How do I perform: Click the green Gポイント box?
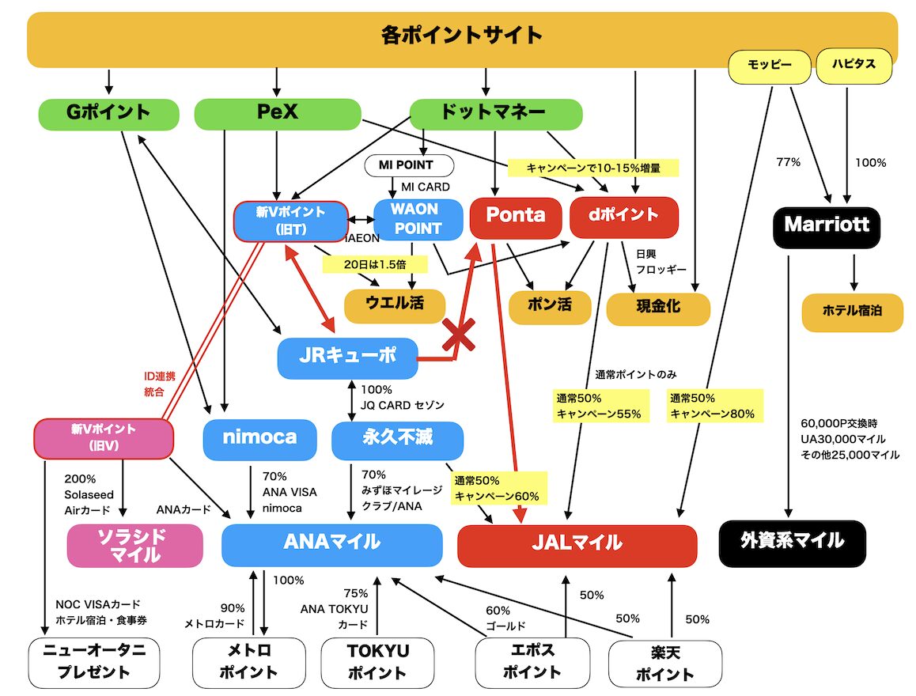point(108,113)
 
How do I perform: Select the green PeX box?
point(278,113)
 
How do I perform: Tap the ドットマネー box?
point(496,113)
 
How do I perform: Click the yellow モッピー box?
point(770,66)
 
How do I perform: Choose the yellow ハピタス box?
point(854,66)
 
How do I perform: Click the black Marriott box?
point(827,226)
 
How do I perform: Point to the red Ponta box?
point(516,217)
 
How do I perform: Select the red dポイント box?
point(624,217)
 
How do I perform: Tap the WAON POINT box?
point(418,219)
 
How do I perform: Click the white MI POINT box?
point(409,165)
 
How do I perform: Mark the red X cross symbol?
point(459,334)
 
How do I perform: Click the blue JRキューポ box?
point(347,357)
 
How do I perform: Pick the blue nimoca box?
point(260,439)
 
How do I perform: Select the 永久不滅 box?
point(397,440)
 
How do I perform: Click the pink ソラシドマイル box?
point(135,546)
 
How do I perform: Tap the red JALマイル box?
point(577,546)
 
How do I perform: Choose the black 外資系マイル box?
point(792,543)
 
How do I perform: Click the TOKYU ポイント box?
point(377,662)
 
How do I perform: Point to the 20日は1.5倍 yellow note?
point(375,264)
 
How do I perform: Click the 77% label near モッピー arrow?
point(788,161)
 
